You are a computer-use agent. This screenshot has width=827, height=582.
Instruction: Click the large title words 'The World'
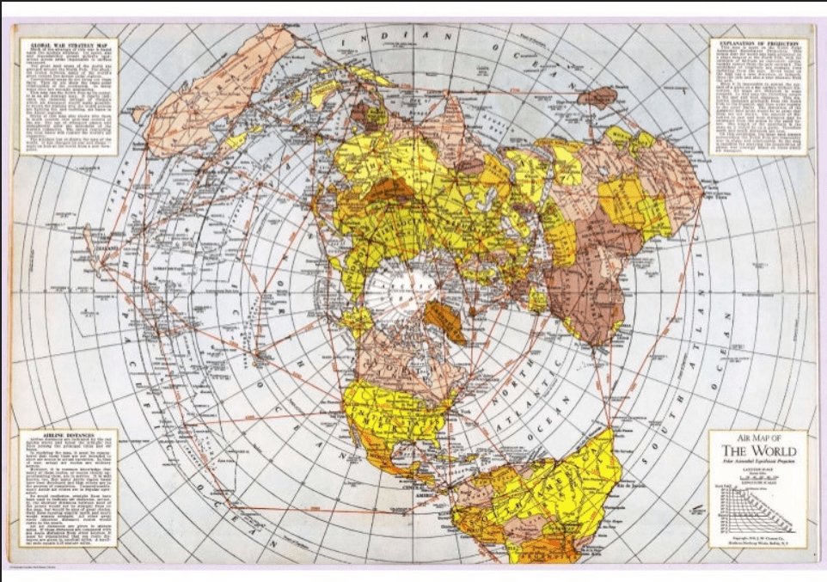click(757, 452)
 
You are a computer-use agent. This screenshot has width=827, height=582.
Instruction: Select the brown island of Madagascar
click(597, 96)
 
